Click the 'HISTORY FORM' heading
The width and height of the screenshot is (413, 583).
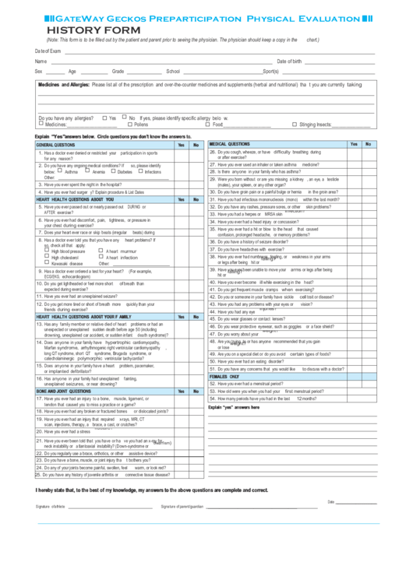(72, 30)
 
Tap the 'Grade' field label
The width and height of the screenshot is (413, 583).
(118, 71)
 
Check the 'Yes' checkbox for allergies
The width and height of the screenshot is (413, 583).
(104, 118)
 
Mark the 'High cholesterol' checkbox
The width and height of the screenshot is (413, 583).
(46, 258)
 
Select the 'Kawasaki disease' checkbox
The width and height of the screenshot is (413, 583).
(46, 264)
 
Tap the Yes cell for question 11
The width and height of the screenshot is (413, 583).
(181, 296)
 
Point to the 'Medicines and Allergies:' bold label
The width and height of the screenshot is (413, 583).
(63, 84)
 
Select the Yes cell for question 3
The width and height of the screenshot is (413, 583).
(181, 184)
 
